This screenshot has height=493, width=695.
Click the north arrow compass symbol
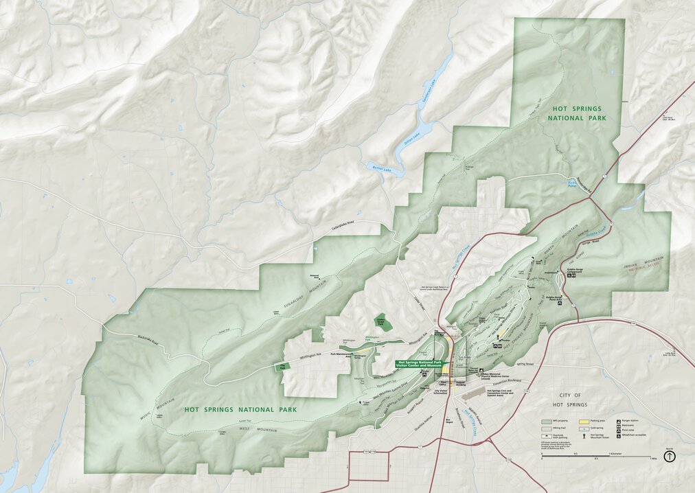point(671,455)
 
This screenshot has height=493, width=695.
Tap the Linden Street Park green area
point(380,322)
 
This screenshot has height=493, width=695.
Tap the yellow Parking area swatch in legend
point(584,420)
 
